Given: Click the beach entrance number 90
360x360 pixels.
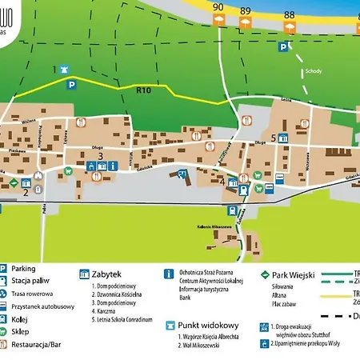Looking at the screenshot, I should (218, 9).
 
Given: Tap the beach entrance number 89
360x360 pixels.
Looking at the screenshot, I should (245, 11).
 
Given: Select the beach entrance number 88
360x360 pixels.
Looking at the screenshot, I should (289, 15).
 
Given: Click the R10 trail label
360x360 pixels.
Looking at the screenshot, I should (144, 90).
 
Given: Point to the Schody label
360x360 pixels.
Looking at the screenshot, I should (314, 70).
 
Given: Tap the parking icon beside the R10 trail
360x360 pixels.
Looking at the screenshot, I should (71, 84).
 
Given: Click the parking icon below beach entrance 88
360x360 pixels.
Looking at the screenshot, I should (283, 47).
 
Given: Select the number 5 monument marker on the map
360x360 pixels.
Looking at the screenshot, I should (274, 138).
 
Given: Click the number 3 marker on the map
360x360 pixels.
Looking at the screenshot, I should (100, 155).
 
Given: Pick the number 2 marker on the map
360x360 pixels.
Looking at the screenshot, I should (26, 191).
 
